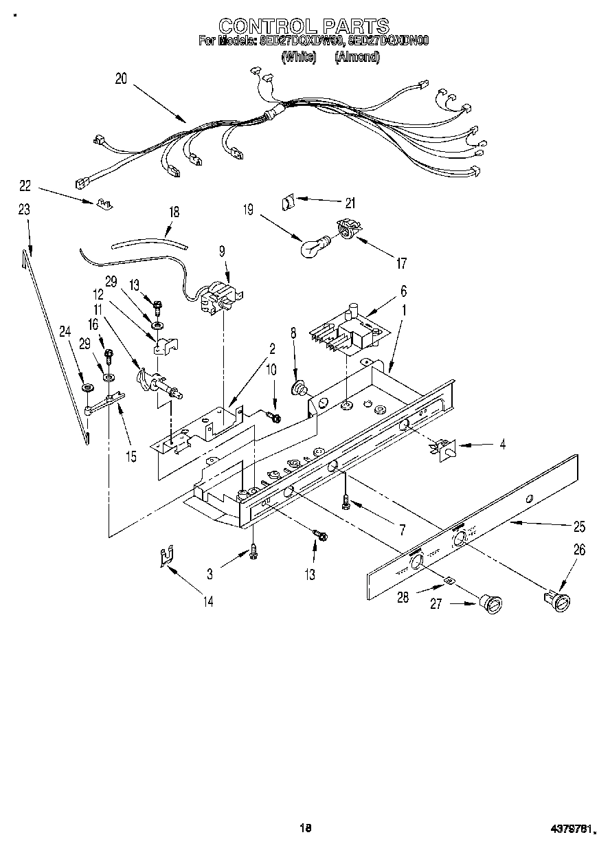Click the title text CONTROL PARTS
click(x=304, y=26)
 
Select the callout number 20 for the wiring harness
click(x=121, y=78)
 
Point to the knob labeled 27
click(x=492, y=605)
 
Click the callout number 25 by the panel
click(x=579, y=527)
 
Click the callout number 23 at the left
click(x=25, y=210)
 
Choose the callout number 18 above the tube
click(x=174, y=212)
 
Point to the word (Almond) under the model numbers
click(x=357, y=58)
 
